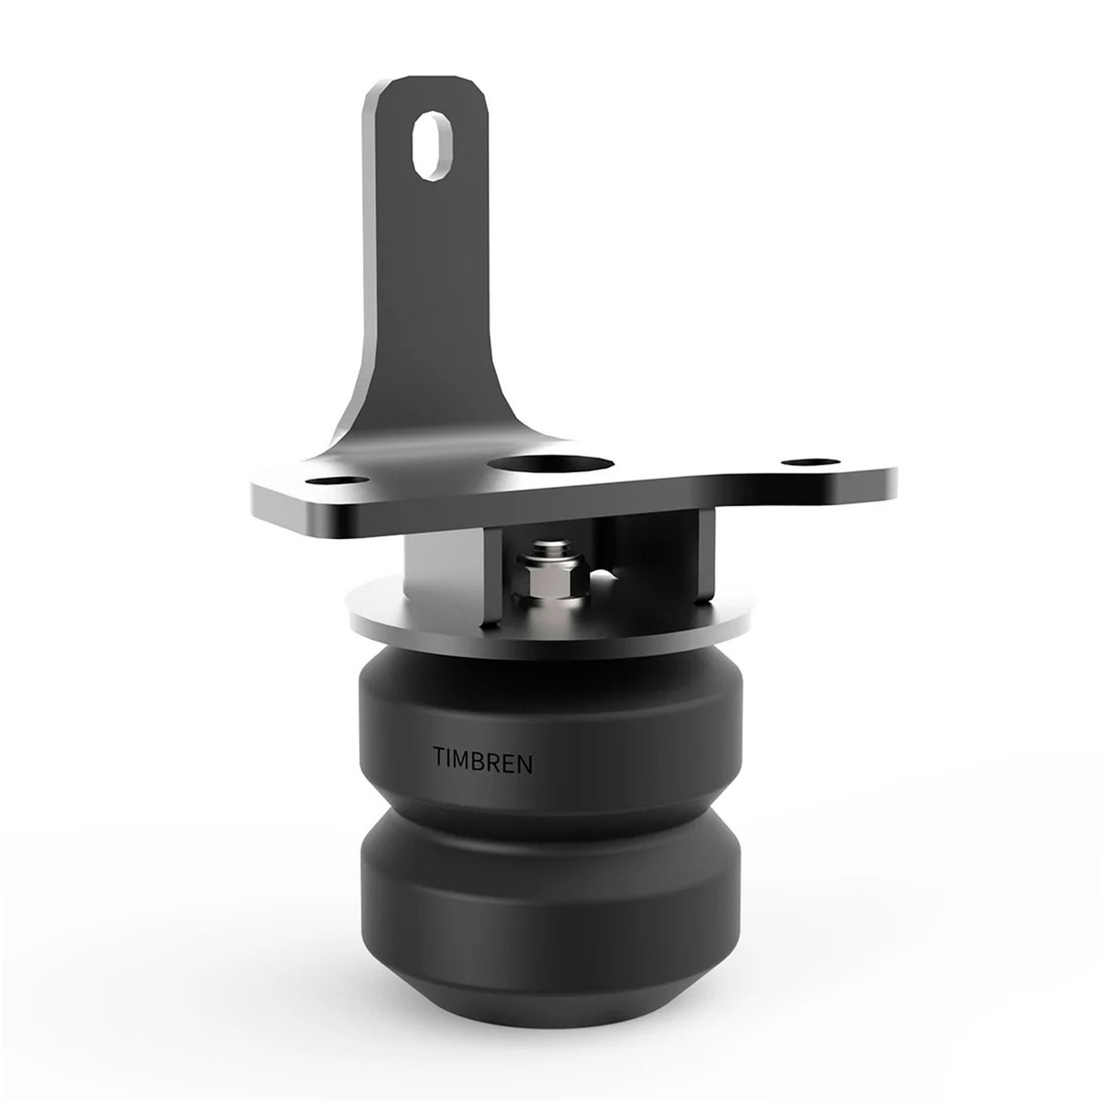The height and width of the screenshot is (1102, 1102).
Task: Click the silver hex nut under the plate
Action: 546,579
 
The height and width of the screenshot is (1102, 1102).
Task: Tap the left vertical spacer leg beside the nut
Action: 492,577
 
